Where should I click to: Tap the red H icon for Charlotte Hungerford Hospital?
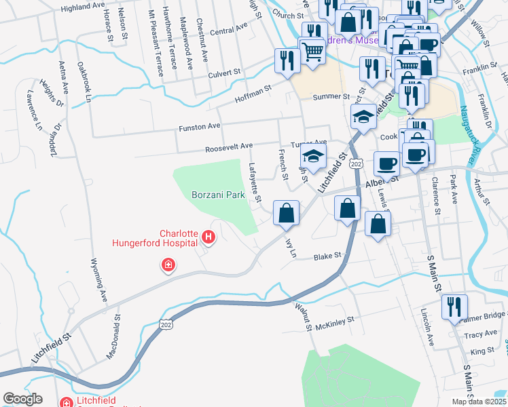coord(208,238)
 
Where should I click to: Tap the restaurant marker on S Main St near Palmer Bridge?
coord(454,307)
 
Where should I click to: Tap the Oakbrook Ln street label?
coord(84,82)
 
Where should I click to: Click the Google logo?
coord(22,398)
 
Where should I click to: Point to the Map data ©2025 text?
coord(478,402)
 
